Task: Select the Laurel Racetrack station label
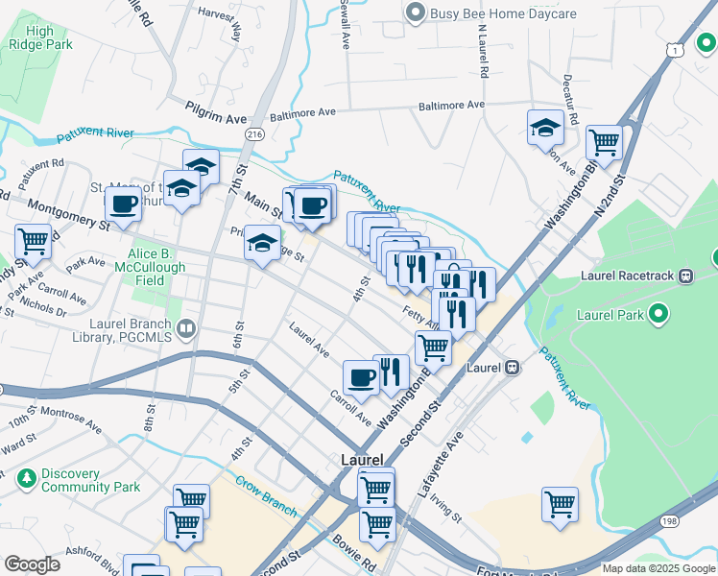[x=629, y=276]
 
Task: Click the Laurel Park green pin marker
[x=658, y=314]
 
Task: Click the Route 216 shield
[x=254, y=135]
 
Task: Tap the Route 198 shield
[x=670, y=521]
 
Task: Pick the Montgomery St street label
[x=68, y=213]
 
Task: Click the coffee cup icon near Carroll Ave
[x=361, y=377]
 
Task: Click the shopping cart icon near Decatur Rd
[x=605, y=142]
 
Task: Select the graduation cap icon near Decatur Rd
[x=545, y=128]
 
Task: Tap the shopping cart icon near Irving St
[x=560, y=503]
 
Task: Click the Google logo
[x=32, y=565]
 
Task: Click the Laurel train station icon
[x=514, y=367]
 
